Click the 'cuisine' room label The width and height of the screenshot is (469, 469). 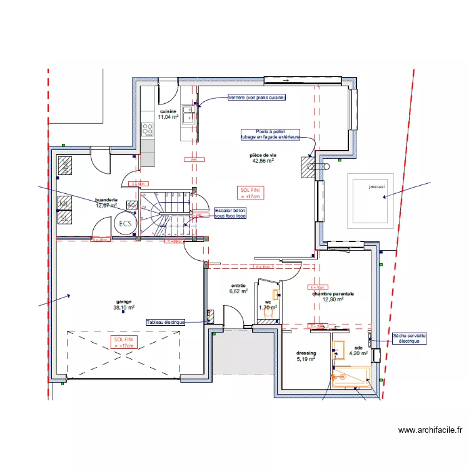168,111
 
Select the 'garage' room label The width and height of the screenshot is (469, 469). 123,301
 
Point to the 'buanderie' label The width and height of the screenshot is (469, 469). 106,199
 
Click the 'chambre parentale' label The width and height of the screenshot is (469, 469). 333,293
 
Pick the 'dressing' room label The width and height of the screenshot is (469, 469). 306,353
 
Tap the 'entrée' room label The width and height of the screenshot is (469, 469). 238,285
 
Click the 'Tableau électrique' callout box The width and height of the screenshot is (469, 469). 166,322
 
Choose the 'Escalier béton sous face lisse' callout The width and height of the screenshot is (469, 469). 230,213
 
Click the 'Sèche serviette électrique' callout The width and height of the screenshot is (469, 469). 410,338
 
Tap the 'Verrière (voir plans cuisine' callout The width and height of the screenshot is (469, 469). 256,98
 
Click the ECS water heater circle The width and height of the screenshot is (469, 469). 125,224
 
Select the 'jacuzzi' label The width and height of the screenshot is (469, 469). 376,186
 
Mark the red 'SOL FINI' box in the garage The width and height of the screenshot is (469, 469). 123,341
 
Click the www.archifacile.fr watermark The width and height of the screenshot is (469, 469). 430,430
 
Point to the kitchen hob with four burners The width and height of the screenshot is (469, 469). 148,129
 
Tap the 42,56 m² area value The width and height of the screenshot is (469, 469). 264,160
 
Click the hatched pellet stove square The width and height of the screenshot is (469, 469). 307,168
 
